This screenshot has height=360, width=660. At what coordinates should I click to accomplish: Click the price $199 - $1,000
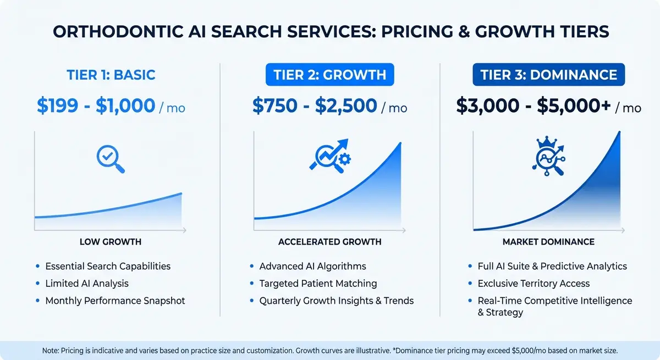[x=96, y=106]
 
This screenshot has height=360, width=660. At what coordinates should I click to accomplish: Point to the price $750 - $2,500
[x=315, y=106]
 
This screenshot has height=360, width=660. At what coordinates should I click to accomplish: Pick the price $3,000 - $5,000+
[x=534, y=106]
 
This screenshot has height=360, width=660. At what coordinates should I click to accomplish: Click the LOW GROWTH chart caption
[x=110, y=242]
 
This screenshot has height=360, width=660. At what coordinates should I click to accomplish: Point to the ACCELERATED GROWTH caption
[x=329, y=242]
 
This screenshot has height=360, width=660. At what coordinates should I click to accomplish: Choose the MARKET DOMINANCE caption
[x=548, y=242]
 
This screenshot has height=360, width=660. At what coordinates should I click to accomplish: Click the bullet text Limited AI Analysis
[x=87, y=284]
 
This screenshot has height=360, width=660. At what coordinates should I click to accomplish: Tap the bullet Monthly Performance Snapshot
[x=115, y=301]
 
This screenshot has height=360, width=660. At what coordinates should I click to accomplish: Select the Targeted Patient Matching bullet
[x=318, y=284]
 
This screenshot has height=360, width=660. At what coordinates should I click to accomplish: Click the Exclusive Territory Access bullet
[x=533, y=284]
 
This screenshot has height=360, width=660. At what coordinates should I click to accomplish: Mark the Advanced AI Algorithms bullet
[x=312, y=266]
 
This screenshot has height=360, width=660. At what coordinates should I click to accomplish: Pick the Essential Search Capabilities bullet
[x=108, y=266]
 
